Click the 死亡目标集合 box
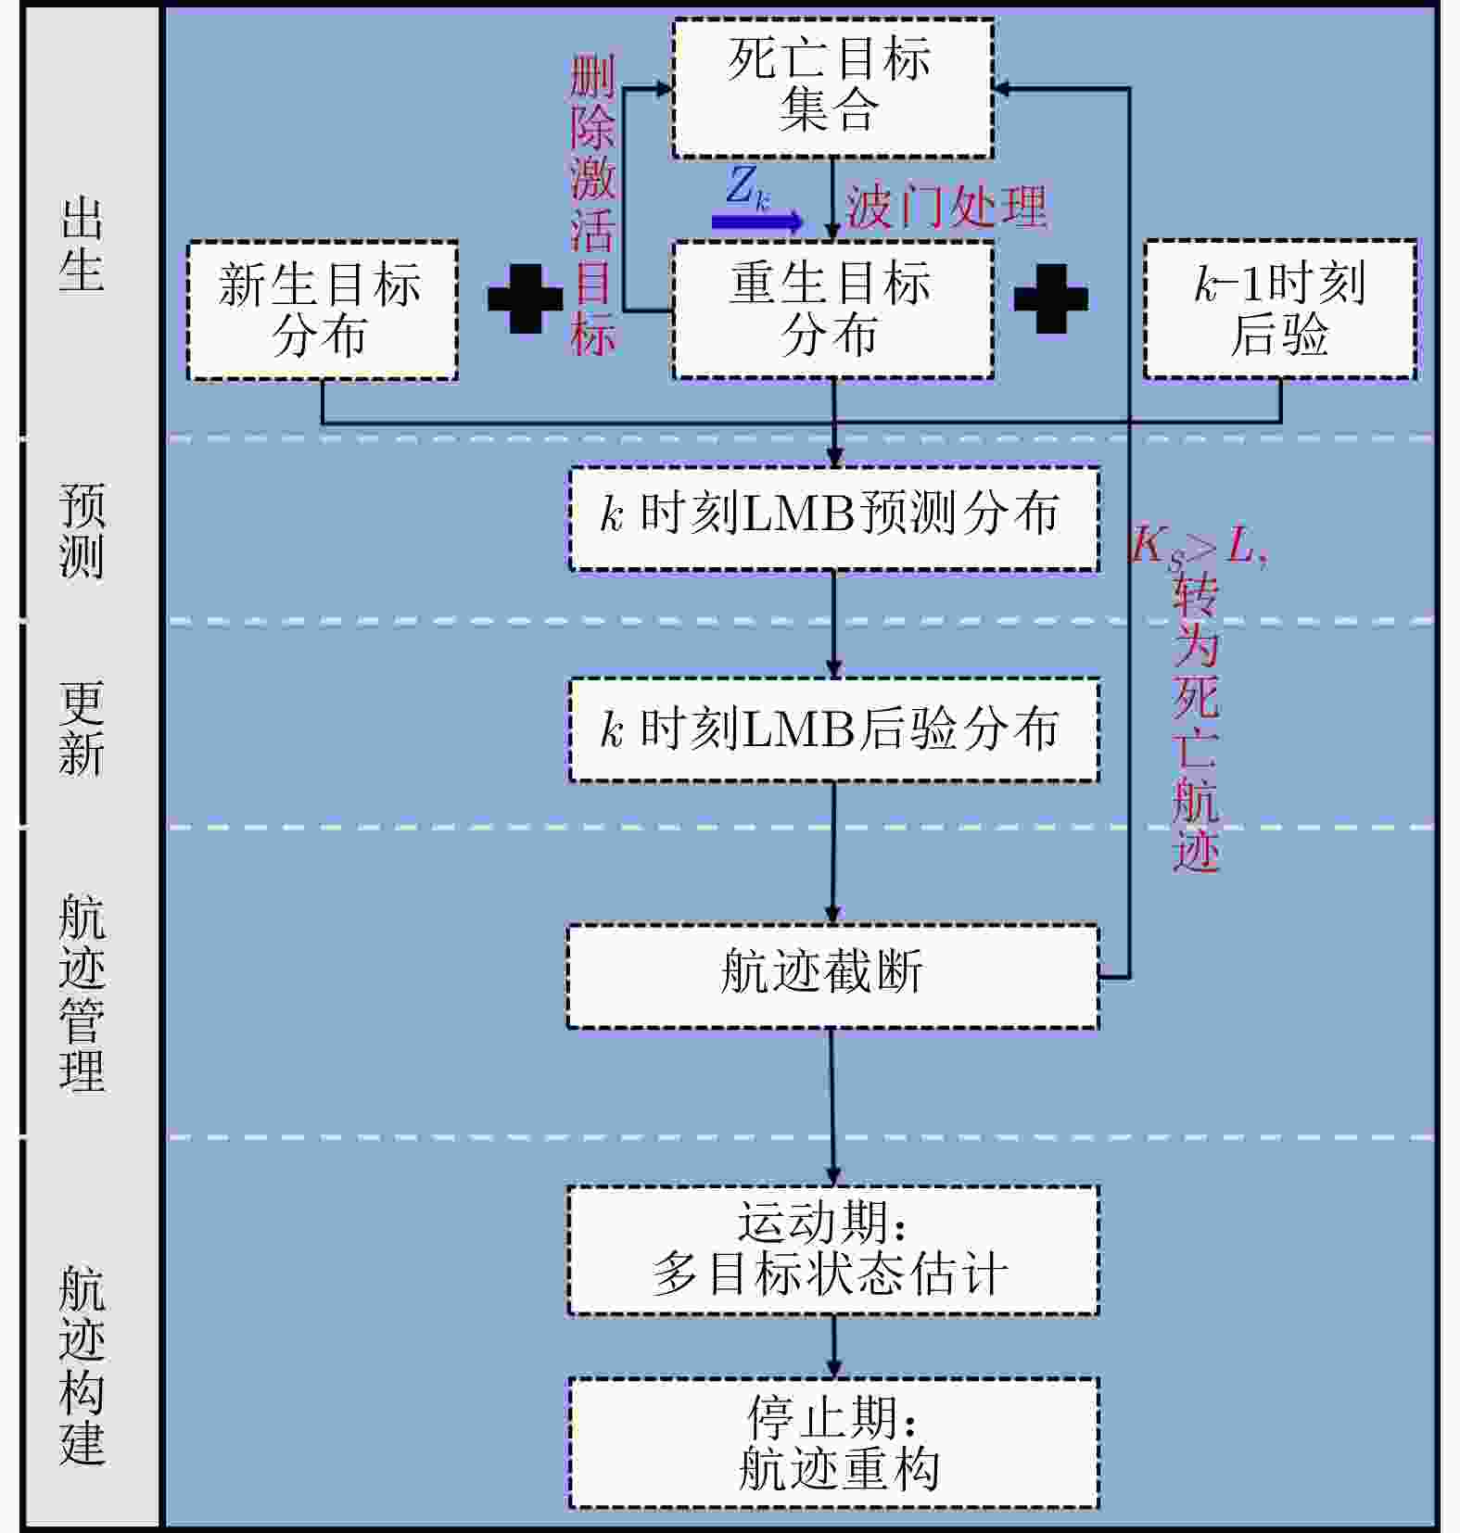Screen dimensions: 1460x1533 pos(832,88)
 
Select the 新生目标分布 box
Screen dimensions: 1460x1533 pos(323,310)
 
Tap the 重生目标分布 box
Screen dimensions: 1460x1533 pos(832,310)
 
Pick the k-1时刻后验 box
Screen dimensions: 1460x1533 pos(1280,310)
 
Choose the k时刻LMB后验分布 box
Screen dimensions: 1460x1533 pos(833,729)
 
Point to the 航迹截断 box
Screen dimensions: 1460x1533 pos(832,976)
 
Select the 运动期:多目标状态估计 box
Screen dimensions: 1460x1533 pos(833,1249)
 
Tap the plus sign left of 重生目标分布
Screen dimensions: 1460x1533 pos(526,298)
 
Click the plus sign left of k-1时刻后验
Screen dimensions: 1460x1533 pos(1051,298)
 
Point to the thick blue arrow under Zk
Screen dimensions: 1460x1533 pos(756,222)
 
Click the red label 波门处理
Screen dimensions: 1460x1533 pos(946,206)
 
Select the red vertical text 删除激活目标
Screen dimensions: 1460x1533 pos(592,206)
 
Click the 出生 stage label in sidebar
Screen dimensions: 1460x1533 pos(82,245)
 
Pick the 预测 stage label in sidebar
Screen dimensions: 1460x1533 pos(82,530)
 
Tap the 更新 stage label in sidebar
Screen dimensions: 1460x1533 pos(82,728)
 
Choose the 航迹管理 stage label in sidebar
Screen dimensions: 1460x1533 pos(82,993)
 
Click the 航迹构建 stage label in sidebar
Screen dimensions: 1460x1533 pos(82,1365)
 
